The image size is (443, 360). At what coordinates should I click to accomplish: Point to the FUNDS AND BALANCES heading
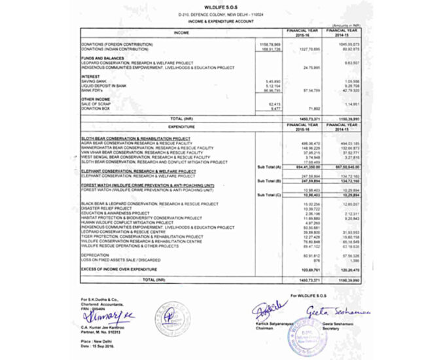pyautogui.click(x=97, y=58)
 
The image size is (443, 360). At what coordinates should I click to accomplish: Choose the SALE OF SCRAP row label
pyautogui.click(x=94, y=103)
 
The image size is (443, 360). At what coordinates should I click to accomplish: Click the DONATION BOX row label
pyautogui.click(x=92, y=108)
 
